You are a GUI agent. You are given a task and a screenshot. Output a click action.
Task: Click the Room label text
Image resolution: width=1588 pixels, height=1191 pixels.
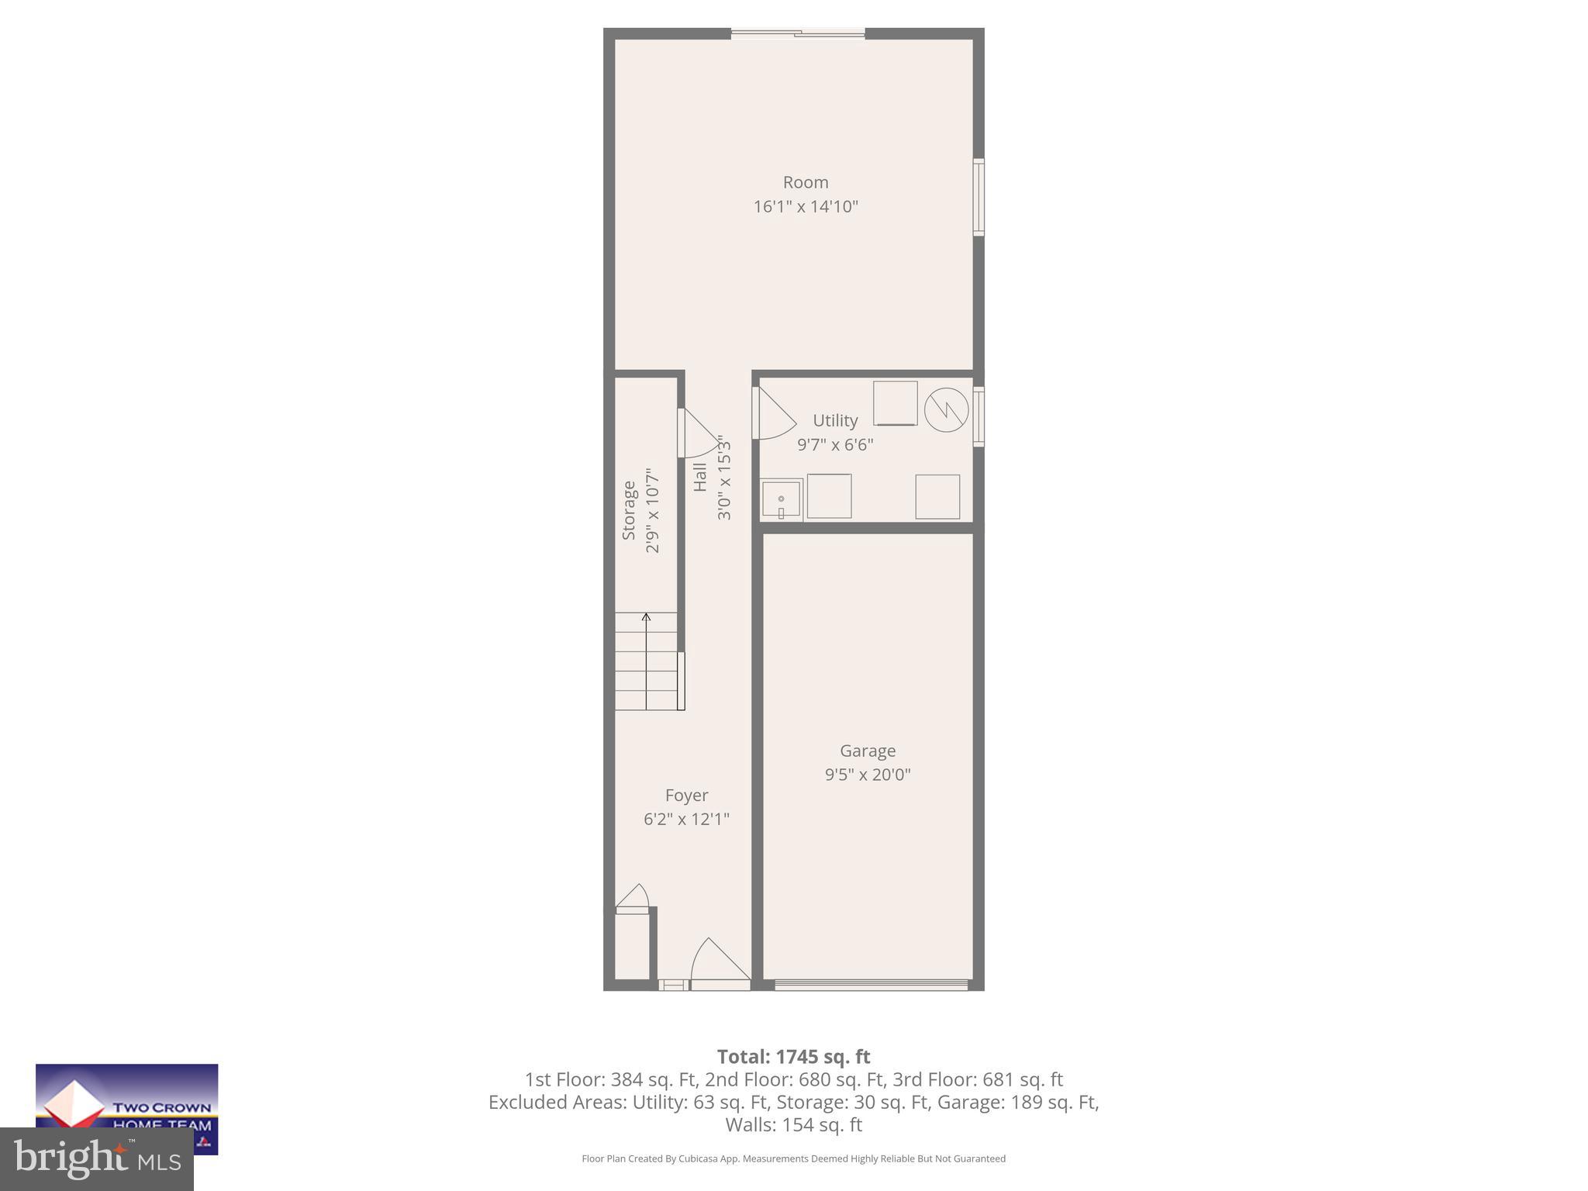(806, 182)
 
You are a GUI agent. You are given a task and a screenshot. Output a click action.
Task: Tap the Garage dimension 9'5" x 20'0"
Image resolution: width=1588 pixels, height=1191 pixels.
(867, 775)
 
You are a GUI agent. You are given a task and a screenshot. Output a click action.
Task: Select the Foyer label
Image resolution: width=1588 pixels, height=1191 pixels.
(686, 796)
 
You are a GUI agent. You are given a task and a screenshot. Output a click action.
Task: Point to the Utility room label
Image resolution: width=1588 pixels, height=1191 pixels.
(835, 420)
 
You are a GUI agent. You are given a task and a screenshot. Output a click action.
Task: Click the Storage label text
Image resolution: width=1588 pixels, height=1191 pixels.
(629, 510)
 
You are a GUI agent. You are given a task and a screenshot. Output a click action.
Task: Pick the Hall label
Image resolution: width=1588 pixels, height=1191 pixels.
(700, 477)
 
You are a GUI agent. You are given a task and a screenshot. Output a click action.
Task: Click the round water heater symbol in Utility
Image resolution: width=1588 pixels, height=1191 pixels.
(946, 409)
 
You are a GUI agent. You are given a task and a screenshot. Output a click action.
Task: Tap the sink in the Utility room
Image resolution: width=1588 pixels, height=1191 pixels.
(781, 500)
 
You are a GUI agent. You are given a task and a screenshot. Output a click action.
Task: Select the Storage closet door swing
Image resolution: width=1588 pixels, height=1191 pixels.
(699, 434)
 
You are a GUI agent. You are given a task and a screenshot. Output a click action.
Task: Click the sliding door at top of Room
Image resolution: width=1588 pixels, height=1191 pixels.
(798, 34)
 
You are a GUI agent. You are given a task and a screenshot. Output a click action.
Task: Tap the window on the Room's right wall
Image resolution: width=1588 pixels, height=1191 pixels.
(979, 197)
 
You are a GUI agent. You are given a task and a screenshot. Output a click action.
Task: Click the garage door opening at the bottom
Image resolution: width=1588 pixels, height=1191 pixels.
(871, 985)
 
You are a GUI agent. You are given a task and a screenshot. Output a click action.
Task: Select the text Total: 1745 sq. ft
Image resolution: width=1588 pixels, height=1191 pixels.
(793, 1057)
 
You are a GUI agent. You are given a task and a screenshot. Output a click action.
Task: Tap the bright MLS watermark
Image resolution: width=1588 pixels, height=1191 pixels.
(97, 1158)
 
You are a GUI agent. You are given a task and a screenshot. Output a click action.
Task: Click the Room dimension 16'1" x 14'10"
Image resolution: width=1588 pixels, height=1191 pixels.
(806, 207)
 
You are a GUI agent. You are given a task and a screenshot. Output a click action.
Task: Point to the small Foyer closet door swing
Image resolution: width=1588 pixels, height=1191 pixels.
(633, 897)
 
